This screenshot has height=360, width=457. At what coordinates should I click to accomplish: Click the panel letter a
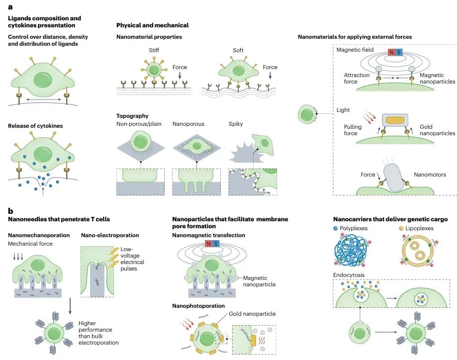point(10,6)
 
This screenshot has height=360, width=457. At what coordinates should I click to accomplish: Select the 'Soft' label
point(238,50)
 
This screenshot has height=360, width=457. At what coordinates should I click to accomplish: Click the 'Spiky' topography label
point(236,124)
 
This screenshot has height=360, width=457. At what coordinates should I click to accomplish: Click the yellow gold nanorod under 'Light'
point(395,120)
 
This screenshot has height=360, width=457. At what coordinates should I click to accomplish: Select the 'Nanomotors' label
point(430,175)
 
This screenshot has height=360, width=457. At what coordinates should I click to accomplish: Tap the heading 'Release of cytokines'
point(35,126)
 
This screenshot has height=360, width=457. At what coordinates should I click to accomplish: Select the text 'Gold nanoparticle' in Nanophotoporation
point(252,314)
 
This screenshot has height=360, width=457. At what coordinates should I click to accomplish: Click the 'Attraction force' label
point(357,79)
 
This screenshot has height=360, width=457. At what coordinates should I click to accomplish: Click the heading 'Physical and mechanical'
point(152,25)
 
